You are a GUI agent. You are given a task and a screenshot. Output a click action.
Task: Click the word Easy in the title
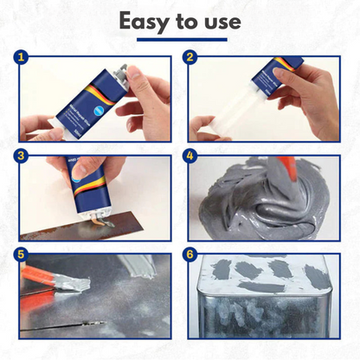pyautogui.click(x=147, y=21)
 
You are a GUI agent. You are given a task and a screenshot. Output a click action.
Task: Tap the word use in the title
pyautogui.click(x=220, y=21)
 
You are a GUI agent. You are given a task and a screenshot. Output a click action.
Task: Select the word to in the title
pyautogui.click(x=187, y=21)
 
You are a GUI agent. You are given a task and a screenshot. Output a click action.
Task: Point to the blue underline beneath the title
pyautogui.click(x=179, y=39)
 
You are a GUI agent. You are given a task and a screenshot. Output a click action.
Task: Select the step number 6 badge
pyautogui.click(x=190, y=257)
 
